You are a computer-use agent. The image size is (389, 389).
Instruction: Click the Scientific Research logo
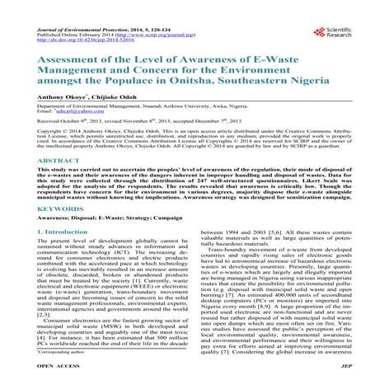coord(344,33)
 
